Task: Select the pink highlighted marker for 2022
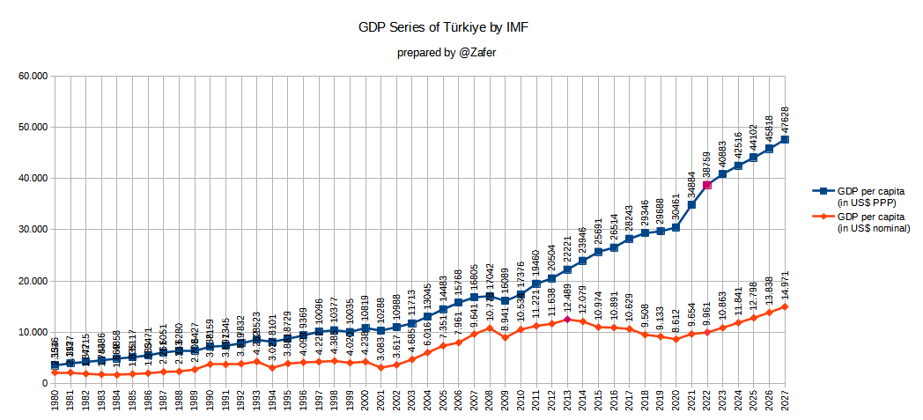pyautogui.click(x=706, y=185)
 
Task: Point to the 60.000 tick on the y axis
pyautogui.click(x=32, y=76)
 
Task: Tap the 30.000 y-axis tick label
pyautogui.click(x=32, y=230)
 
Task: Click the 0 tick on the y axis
pyautogui.click(x=42, y=384)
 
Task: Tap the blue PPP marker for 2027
pyautogui.click(x=785, y=139)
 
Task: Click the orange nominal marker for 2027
pyautogui.click(x=785, y=306)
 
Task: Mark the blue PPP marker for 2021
pyautogui.click(x=691, y=204)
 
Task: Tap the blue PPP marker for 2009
pyautogui.click(x=505, y=300)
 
